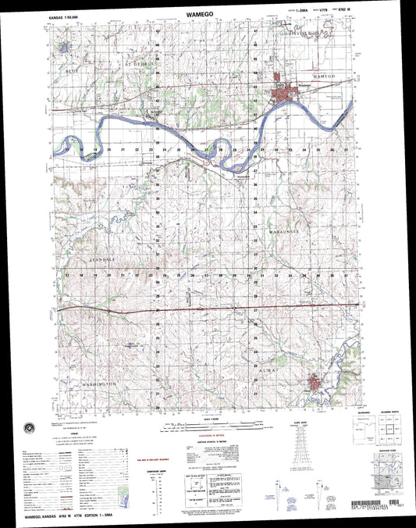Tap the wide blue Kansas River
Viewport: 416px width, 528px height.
click(x=156, y=129)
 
